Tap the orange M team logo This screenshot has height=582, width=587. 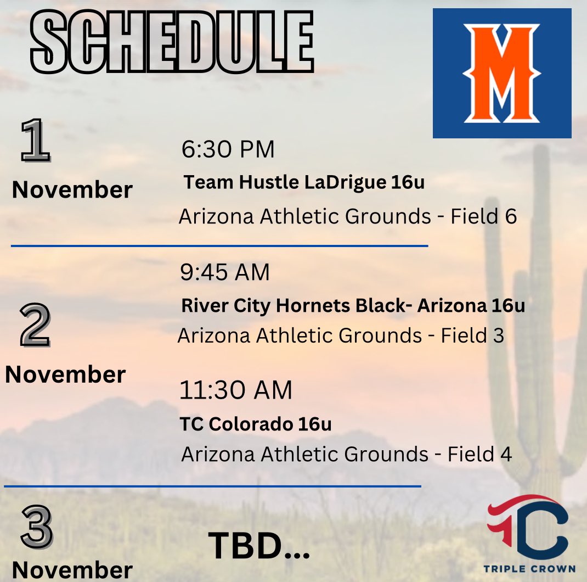click(x=501, y=73)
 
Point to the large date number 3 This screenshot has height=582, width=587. click(x=37, y=525)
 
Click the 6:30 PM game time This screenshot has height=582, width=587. click(x=228, y=150)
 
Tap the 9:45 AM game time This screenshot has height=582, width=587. click(x=225, y=273)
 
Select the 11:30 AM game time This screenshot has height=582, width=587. click(x=236, y=390)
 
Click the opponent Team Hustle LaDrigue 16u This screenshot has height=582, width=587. click(x=304, y=183)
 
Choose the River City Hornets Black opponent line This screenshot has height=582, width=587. click(x=353, y=306)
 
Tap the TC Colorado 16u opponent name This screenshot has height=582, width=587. click(x=256, y=424)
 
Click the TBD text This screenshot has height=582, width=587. click(x=259, y=545)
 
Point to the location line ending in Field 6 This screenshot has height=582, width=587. click(x=347, y=217)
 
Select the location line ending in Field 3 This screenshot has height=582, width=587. click(x=341, y=335)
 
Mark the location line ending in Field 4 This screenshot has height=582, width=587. click(x=346, y=454)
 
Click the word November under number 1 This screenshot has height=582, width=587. click(x=72, y=190)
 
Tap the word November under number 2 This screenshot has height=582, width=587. click(x=65, y=374)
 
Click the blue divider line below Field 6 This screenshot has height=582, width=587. click(x=219, y=246)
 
